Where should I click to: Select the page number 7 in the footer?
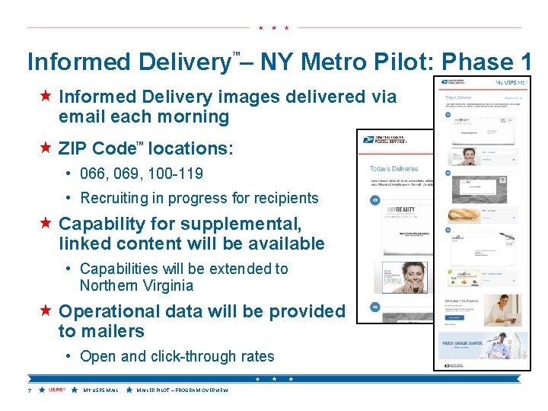(x=29, y=390)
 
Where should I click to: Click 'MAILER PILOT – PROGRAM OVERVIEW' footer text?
(x=182, y=390)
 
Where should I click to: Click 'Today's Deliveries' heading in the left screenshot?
(x=393, y=168)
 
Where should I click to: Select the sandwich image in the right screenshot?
(x=464, y=215)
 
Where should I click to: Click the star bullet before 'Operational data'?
(x=46, y=311)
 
